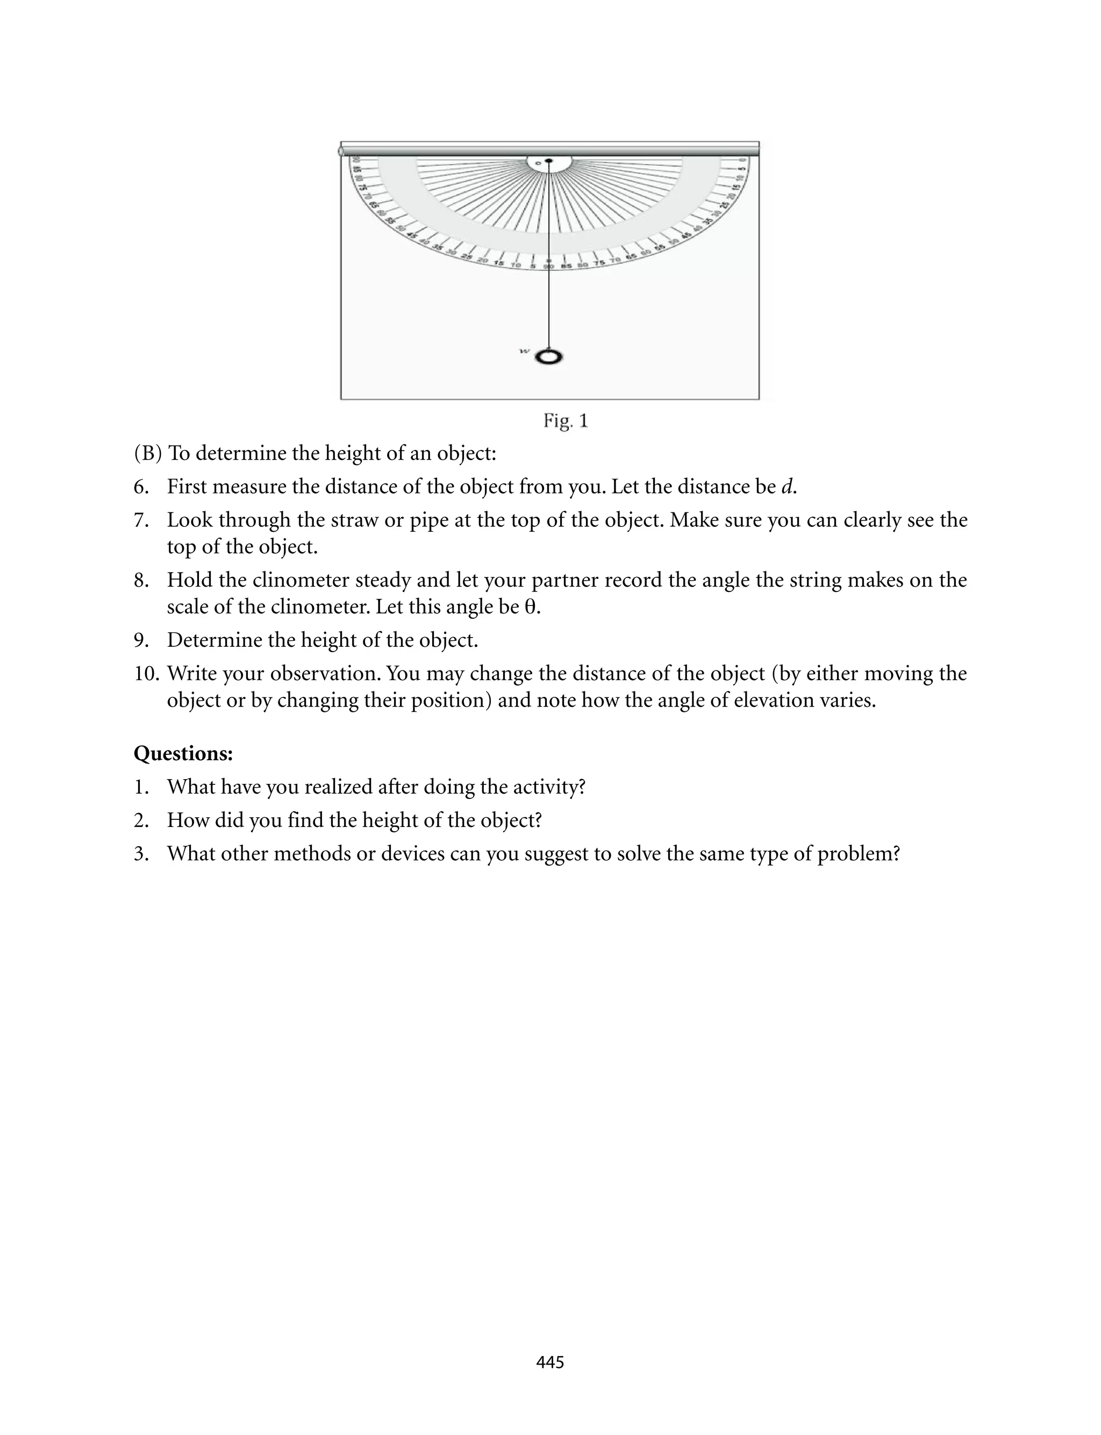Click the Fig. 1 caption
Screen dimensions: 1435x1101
point(566,420)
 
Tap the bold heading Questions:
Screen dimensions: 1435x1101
point(183,754)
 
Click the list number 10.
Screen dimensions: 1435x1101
point(147,674)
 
